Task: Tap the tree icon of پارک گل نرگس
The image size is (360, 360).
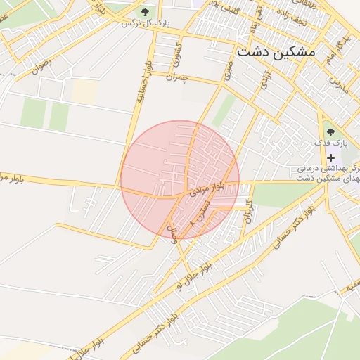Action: pyautogui.click(x=145, y=12)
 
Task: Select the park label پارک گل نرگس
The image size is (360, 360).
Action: pyautogui.click(x=146, y=23)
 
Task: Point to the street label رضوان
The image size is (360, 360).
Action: pyautogui.click(x=41, y=66)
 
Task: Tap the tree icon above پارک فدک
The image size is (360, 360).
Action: pyautogui.click(x=330, y=131)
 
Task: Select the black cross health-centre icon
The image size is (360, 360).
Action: pyautogui.click(x=330, y=157)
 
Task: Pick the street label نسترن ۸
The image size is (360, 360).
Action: pyautogui.click(x=199, y=212)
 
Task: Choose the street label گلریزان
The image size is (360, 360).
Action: pyautogui.click(x=247, y=211)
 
